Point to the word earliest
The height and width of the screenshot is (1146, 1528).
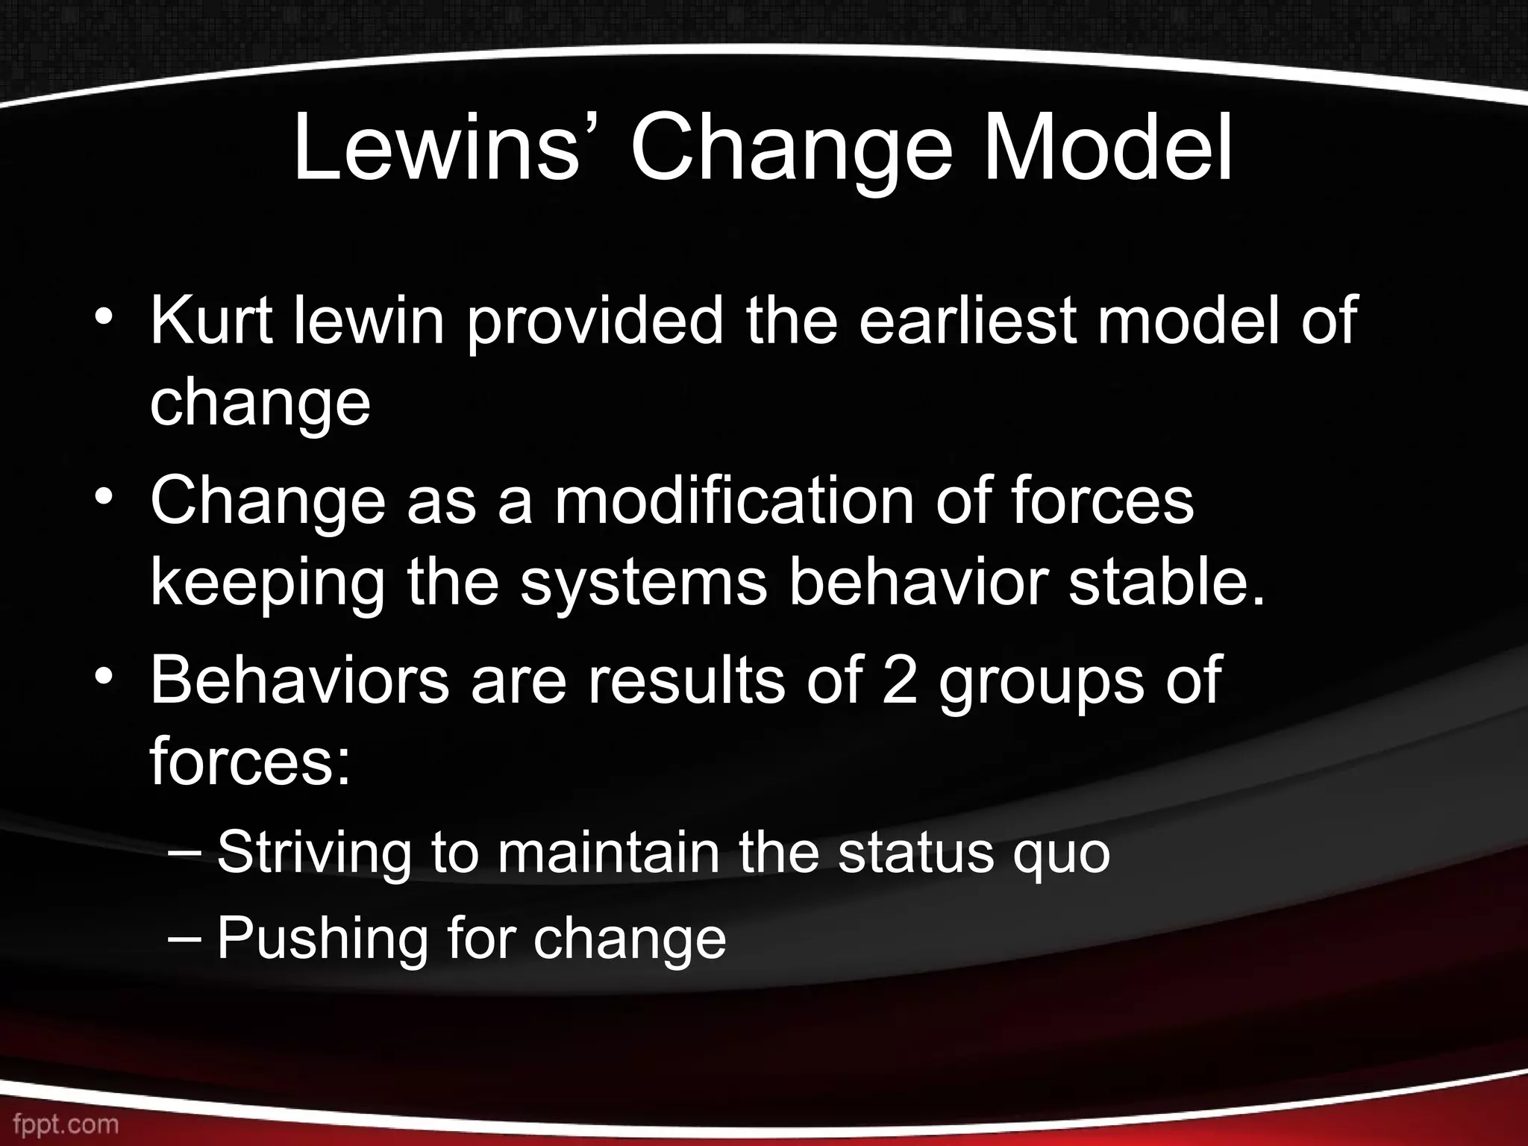[967, 321]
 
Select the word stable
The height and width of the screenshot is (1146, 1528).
[1168, 582]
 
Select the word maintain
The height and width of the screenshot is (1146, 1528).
[608, 852]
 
